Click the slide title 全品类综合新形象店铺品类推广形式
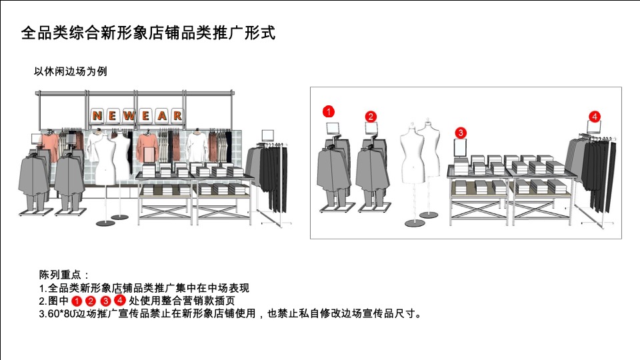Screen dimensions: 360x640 point(148,33)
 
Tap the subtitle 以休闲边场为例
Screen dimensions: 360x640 point(70,72)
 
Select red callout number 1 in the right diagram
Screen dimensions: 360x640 point(328,111)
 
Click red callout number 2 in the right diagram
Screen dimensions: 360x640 point(371,117)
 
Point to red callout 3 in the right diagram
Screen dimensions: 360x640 point(461,132)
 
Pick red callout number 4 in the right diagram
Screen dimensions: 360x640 point(594,117)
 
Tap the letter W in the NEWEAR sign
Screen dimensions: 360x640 point(129,115)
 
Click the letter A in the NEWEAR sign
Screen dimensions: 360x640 point(161,115)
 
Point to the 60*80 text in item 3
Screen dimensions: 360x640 point(58,313)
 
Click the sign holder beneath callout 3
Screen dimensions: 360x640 point(461,147)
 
